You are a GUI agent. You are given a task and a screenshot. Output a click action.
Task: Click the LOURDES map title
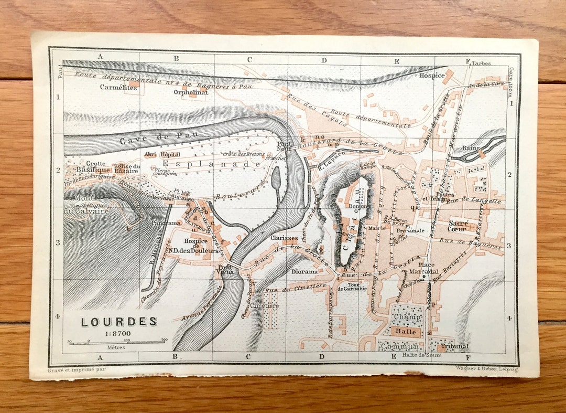[119, 321]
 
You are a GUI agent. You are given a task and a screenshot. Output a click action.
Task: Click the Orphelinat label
[191, 92]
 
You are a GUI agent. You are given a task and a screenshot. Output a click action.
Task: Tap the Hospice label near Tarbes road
[432, 75]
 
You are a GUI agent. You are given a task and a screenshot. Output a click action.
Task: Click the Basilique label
[93, 170]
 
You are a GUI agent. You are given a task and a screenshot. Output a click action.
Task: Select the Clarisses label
[284, 238]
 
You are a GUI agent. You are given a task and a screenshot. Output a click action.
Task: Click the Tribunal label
[454, 346]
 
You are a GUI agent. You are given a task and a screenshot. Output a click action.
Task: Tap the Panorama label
[164, 223]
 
